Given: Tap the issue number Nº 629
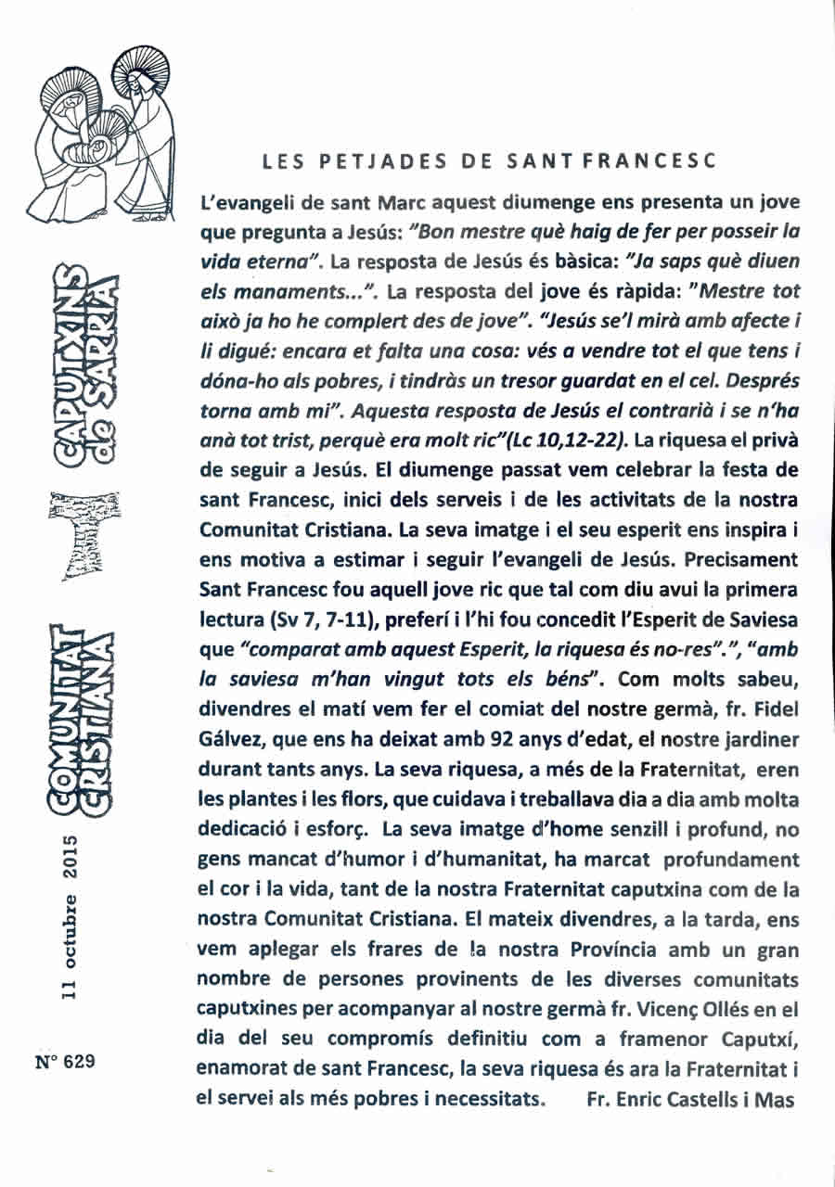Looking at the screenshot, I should tap(68, 1063).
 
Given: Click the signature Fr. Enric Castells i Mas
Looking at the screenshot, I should tap(690, 1100).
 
